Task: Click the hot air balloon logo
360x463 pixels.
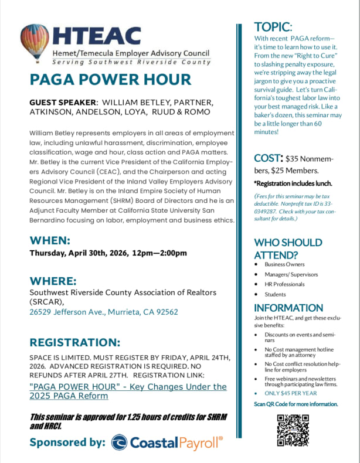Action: click(x=35, y=44)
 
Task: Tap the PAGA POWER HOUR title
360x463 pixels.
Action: click(x=110, y=80)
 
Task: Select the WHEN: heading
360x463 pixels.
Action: click(x=50, y=241)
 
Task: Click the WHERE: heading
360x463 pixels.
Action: click(x=53, y=281)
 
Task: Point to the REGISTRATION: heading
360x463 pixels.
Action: click(x=74, y=342)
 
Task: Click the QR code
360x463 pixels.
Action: click(x=293, y=430)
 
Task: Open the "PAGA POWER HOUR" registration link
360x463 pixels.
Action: click(x=127, y=391)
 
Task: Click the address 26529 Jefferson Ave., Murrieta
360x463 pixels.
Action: click(x=103, y=312)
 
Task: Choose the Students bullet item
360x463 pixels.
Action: click(x=275, y=294)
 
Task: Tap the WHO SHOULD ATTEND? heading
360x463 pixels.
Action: click(x=287, y=248)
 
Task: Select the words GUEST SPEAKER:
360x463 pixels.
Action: click(x=62, y=103)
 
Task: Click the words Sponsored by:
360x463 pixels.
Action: click(x=67, y=442)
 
